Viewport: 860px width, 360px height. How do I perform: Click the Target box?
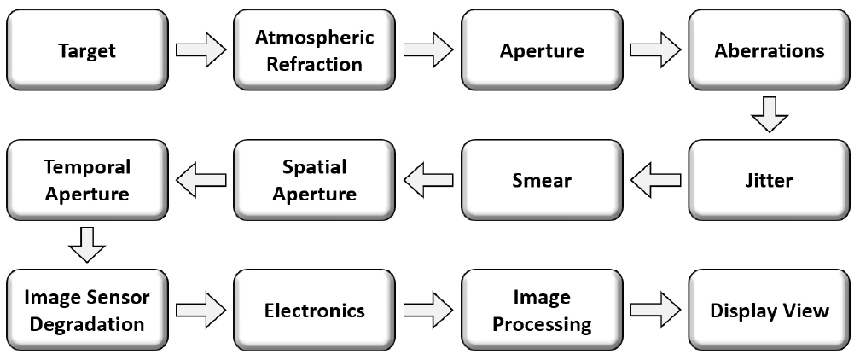coord(86,50)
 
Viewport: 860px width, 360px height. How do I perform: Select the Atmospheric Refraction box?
coord(315,50)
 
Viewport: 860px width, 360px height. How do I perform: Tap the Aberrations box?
coord(770,50)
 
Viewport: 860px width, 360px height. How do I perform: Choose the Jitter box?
coord(770,181)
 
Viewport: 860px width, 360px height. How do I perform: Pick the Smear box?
coord(543,181)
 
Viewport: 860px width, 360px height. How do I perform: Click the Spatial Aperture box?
coord(315,181)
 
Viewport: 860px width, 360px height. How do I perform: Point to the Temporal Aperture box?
coord(86,181)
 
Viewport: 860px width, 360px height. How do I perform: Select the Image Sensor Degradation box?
coord(86,311)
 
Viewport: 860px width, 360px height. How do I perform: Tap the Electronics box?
coord(315,311)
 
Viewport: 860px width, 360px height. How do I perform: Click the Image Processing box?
coord(543,311)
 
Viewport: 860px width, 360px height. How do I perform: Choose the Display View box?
coord(770,311)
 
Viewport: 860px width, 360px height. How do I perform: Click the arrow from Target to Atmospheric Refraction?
coord(200,49)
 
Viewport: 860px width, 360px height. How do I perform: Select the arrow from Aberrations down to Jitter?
coord(770,115)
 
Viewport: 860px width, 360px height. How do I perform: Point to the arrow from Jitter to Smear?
coord(656,180)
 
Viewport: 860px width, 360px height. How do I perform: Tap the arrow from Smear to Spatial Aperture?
coord(428,180)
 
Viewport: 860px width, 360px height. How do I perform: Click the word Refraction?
coord(315,63)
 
